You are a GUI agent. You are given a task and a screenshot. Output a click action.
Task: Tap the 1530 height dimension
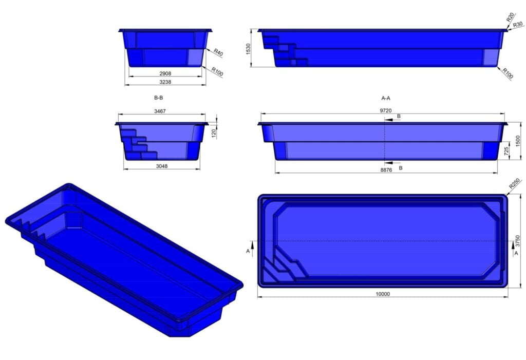(249, 48)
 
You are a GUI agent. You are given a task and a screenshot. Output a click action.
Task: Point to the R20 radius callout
(510, 17)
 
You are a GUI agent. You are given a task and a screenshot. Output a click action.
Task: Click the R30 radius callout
(518, 24)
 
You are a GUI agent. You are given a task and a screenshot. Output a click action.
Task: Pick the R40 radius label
(218, 52)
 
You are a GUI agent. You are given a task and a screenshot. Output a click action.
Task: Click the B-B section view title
(158, 97)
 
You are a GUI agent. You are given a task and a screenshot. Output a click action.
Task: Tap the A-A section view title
(386, 97)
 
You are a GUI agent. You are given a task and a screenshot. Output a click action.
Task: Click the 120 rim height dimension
(214, 133)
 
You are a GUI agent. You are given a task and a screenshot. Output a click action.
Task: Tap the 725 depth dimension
(506, 151)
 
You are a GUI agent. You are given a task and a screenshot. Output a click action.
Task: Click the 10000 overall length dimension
(383, 294)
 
